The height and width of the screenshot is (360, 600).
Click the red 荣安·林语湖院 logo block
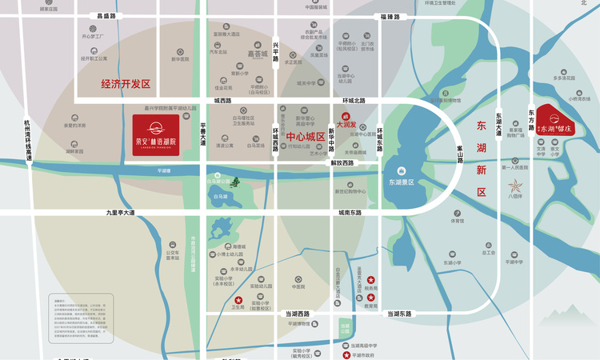coord(157,128)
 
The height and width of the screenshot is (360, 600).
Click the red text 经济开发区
coord(126,83)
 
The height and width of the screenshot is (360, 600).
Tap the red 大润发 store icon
coord(346,117)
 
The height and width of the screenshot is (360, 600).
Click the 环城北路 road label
coord(354,100)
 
